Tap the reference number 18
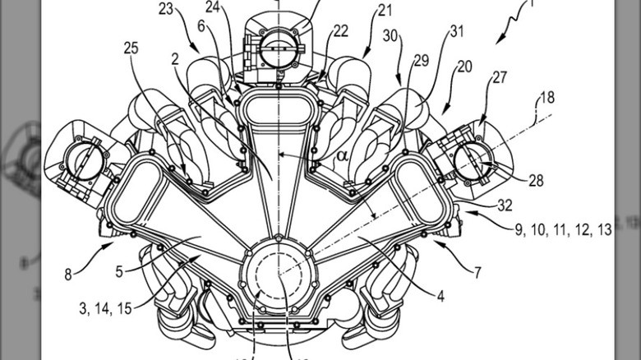pos(546,98)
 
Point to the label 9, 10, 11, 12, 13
pos(564,231)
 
